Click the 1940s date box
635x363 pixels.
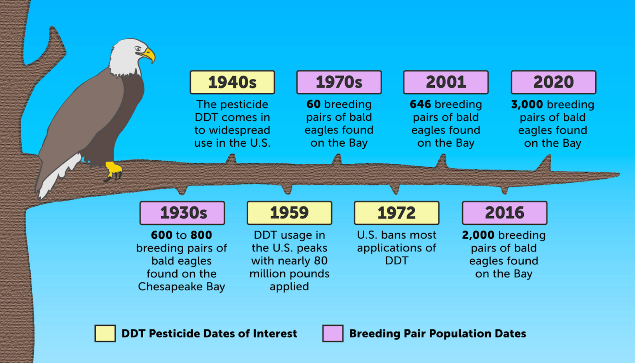(232, 82)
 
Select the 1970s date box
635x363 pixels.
(339, 82)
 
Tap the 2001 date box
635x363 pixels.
(446, 82)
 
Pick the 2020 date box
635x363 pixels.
(553, 82)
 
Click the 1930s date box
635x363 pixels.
(182, 213)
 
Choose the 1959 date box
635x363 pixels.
(290, 213)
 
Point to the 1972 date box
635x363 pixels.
(397, 213)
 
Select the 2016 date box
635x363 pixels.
(505, 213)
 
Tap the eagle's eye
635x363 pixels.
(138, 49)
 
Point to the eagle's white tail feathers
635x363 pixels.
(58, 176)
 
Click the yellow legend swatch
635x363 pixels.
(105, 333)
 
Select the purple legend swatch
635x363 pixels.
(333, 333)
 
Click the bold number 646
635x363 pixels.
(420, 104)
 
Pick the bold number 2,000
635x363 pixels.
(478, 235)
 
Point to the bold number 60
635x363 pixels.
(313, 104)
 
